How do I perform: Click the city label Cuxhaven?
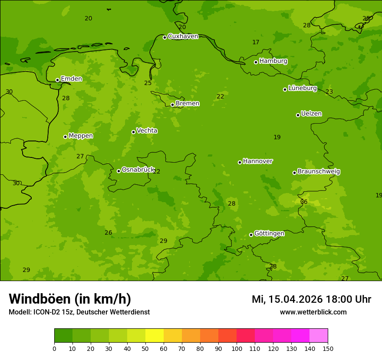click(x=183, y=36)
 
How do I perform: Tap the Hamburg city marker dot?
click(x=256, y=62)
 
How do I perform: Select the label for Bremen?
click(x=188, y=104)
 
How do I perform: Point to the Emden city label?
click(x=71, y=79)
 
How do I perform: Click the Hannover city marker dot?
click(x=240, y=162)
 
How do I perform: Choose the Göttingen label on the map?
click(x=269, y=234)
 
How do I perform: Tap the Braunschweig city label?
click(x=319, y=172)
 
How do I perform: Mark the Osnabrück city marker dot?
click(x=119, y=171)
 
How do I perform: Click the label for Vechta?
click(x=147, y=131)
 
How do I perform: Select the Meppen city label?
click(x=81, y=136)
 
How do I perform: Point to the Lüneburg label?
click(x=303, y=88)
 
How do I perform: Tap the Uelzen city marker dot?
click(x=298, y=115)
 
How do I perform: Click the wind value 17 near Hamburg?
click(x=256, y=43)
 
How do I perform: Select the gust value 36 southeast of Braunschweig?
click(x=304, y=202)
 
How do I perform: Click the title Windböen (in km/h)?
click(x=70, y=299)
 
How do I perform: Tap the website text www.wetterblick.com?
click(x=313, y=312)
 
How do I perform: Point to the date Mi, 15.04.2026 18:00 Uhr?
click(x=311, y=299)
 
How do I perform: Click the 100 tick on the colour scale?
click(x=237, y=349)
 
